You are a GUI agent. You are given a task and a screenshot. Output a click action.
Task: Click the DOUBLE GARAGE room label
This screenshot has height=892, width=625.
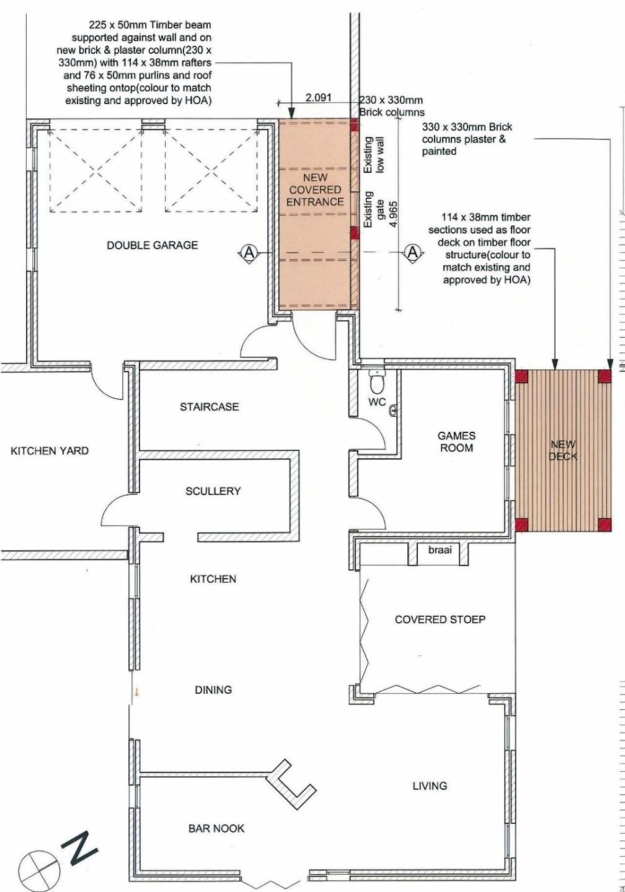click(153, 245)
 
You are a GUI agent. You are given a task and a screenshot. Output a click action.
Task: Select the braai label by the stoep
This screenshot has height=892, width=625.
click(440, 550)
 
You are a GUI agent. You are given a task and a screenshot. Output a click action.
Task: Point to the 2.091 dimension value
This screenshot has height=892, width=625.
click(318, 98)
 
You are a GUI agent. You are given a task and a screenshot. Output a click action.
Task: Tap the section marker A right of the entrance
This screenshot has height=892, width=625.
click(413, 253)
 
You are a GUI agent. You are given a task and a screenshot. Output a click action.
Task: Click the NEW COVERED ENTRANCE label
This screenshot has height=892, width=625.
click(315, 190)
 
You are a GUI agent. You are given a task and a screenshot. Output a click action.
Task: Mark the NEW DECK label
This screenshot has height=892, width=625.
click(563, 450)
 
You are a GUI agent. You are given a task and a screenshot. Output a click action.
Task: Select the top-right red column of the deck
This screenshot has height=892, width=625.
click(605, 375)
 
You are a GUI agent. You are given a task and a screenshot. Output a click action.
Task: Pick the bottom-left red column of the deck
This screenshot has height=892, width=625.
click(521, 525)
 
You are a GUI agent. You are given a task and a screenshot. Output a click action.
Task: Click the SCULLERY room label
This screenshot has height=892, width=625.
click(213, 491)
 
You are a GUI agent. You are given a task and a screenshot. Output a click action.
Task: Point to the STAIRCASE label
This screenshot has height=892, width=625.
click(210, 406)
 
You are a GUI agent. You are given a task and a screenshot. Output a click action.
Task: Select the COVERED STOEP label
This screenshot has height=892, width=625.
click(440, 619)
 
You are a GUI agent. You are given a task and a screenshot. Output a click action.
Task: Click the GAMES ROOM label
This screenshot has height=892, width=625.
click(456, 442)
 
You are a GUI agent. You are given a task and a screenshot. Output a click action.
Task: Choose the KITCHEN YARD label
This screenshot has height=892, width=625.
click(50, 451)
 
